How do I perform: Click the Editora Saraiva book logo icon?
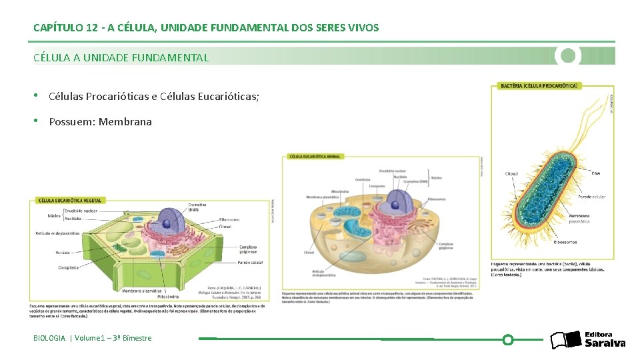(565, 340)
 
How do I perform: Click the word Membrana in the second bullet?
(125, 122)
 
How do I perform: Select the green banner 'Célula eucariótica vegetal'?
(69, 200)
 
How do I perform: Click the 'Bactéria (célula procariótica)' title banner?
(539, 86)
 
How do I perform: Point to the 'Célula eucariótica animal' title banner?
(315, 157)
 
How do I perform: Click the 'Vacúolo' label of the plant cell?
(63, 253)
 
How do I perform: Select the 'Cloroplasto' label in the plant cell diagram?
(68, 267)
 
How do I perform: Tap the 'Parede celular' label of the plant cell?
(250, 263)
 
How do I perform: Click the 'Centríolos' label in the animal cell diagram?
(363, 179)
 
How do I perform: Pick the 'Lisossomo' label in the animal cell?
(377, 186)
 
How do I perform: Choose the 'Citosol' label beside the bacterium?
(511, 174)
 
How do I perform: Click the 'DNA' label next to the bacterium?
(595, 173)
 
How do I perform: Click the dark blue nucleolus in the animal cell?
(396, 205)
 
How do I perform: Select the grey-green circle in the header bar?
(568, 55)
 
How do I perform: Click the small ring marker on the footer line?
(507, 340)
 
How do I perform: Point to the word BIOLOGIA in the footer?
(49, 338)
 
